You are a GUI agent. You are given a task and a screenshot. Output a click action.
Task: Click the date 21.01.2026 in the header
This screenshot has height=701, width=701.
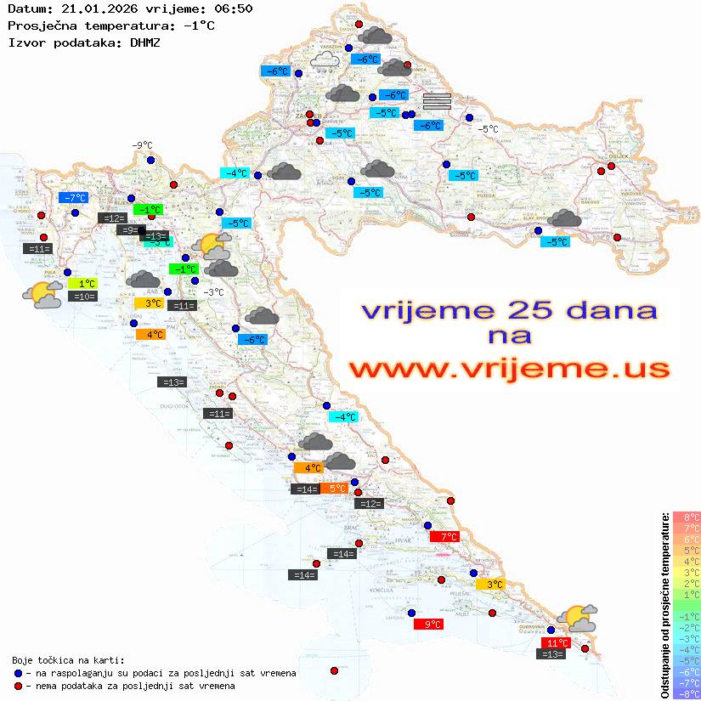[93, 8]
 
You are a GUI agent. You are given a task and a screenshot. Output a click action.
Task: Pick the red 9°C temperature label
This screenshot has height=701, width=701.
[427, 625]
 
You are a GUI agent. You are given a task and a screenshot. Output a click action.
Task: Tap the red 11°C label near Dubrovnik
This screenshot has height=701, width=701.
[556, 642]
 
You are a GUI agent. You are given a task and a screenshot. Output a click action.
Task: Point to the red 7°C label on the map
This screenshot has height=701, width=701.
[444, 537]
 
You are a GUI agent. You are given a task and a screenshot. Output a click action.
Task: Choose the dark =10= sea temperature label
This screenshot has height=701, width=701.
[82, 297]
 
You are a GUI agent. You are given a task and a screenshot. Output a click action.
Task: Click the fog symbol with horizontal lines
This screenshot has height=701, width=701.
[436, 101]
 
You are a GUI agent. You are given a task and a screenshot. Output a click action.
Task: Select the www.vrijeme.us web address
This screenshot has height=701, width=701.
[509, 370]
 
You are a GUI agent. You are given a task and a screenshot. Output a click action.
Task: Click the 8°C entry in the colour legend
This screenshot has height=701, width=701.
[686, 517]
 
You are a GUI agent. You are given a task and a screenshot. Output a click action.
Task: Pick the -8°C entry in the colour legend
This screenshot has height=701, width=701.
[686, 693]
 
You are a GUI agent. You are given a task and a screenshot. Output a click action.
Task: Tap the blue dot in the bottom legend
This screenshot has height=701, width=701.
[18, 673]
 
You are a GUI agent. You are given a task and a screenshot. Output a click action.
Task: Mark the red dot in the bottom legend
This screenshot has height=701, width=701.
[18, 686]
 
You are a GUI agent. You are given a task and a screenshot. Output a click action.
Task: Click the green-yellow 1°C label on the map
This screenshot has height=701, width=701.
[86, 284]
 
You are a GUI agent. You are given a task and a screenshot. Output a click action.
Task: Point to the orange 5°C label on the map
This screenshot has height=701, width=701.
[334, 489]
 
